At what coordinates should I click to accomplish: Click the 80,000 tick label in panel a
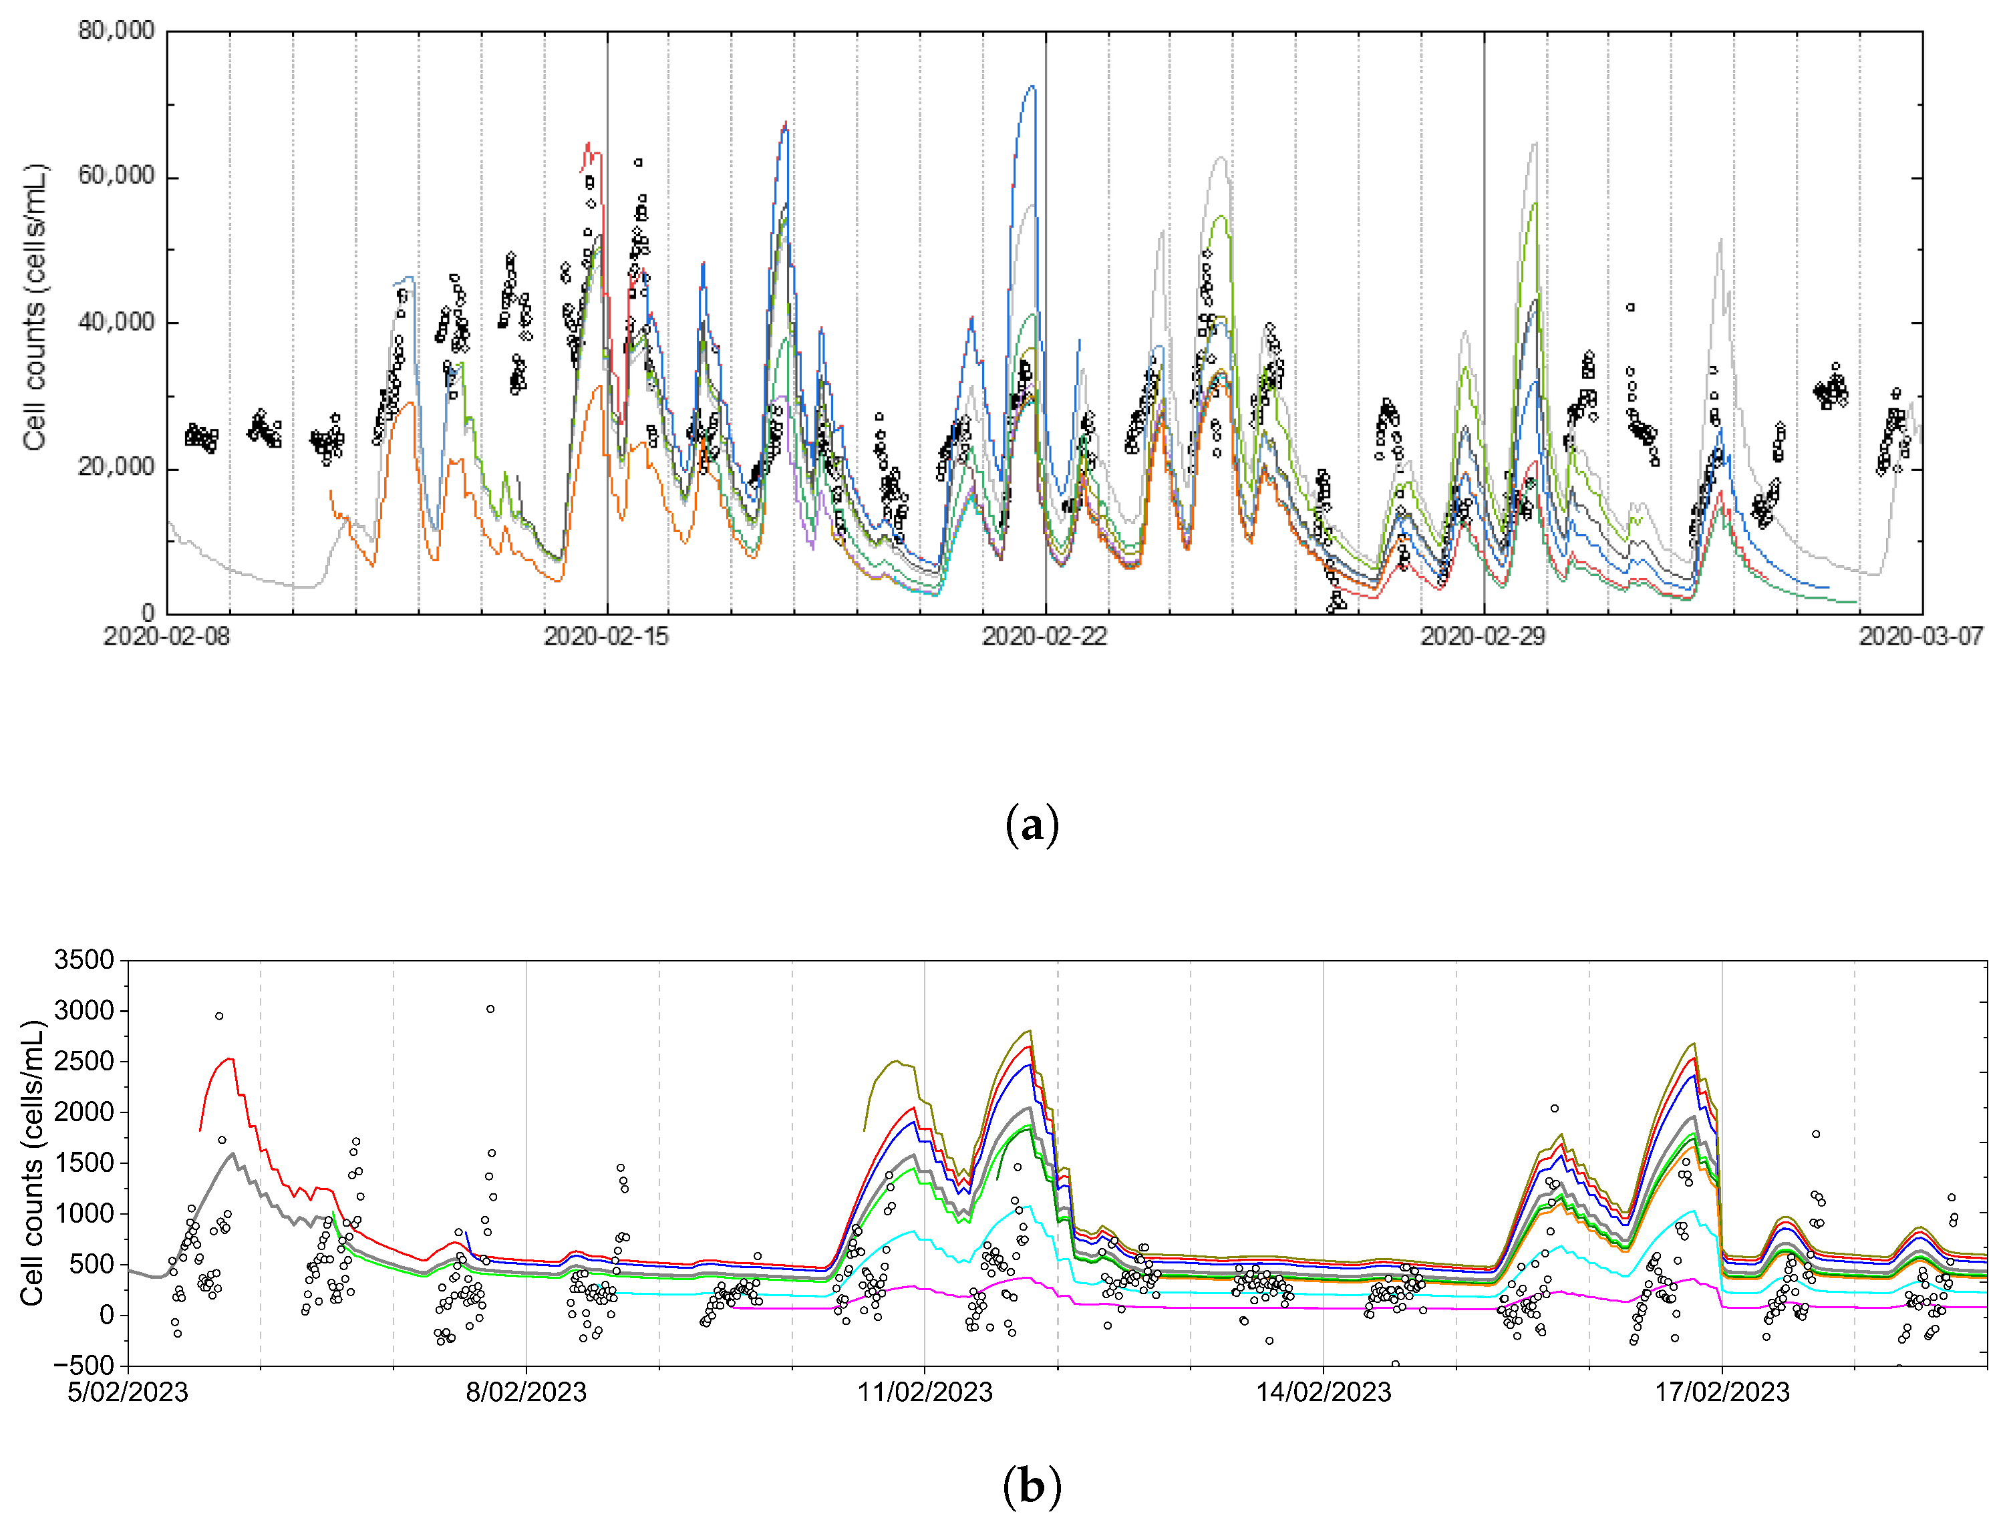pyautogui.click(x=116, y=31)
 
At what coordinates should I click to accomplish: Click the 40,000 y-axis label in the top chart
pyautogui.click(x=116, y=323)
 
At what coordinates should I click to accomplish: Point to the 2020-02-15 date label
pyautogui.click(x=606, y=637)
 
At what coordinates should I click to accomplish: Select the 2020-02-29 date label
pyautogui.click(x=1483, y=637)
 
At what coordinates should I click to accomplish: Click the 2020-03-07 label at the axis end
pyautogui.click(x=1921, y=637)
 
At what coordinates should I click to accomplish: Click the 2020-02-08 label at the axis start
pyautogui.click(x=167, y=637)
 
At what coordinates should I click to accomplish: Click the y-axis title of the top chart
pyautogui.click(x=35, y=307)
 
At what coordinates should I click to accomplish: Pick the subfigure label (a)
pyautogui.click(x=1032, y=826)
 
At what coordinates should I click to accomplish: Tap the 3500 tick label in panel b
pyautogui.click(x=84, y=960)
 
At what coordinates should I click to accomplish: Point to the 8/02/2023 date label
pyautogui.click(x=526, y=1392)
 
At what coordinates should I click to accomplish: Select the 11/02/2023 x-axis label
pyautogui.click(x=925, y=1392)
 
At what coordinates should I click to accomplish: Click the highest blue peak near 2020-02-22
pyautogui.click(x=1031, y=86)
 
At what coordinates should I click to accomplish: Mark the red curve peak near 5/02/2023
pyautogui.click(x=230, y=1058)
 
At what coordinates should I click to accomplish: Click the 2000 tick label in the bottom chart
pyautogui.click(x=84, y=1112)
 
